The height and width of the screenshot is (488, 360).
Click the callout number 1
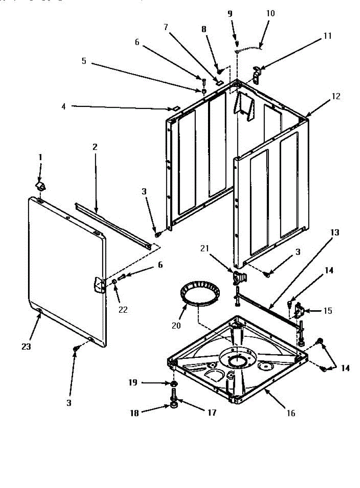tap(40, 157)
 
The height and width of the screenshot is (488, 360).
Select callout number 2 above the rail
tap(95, 147)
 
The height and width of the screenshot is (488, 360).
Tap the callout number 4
tap(63, 107)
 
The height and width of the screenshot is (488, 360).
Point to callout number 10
tap(271, 13)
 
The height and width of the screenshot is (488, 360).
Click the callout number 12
tap(336, 97)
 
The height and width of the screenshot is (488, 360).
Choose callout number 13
tap(334, 233)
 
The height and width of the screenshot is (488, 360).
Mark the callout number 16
tap(291, 413)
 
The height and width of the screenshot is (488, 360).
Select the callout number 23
tap(26, 347)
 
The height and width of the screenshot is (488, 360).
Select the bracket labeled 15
tap(299, 311)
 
